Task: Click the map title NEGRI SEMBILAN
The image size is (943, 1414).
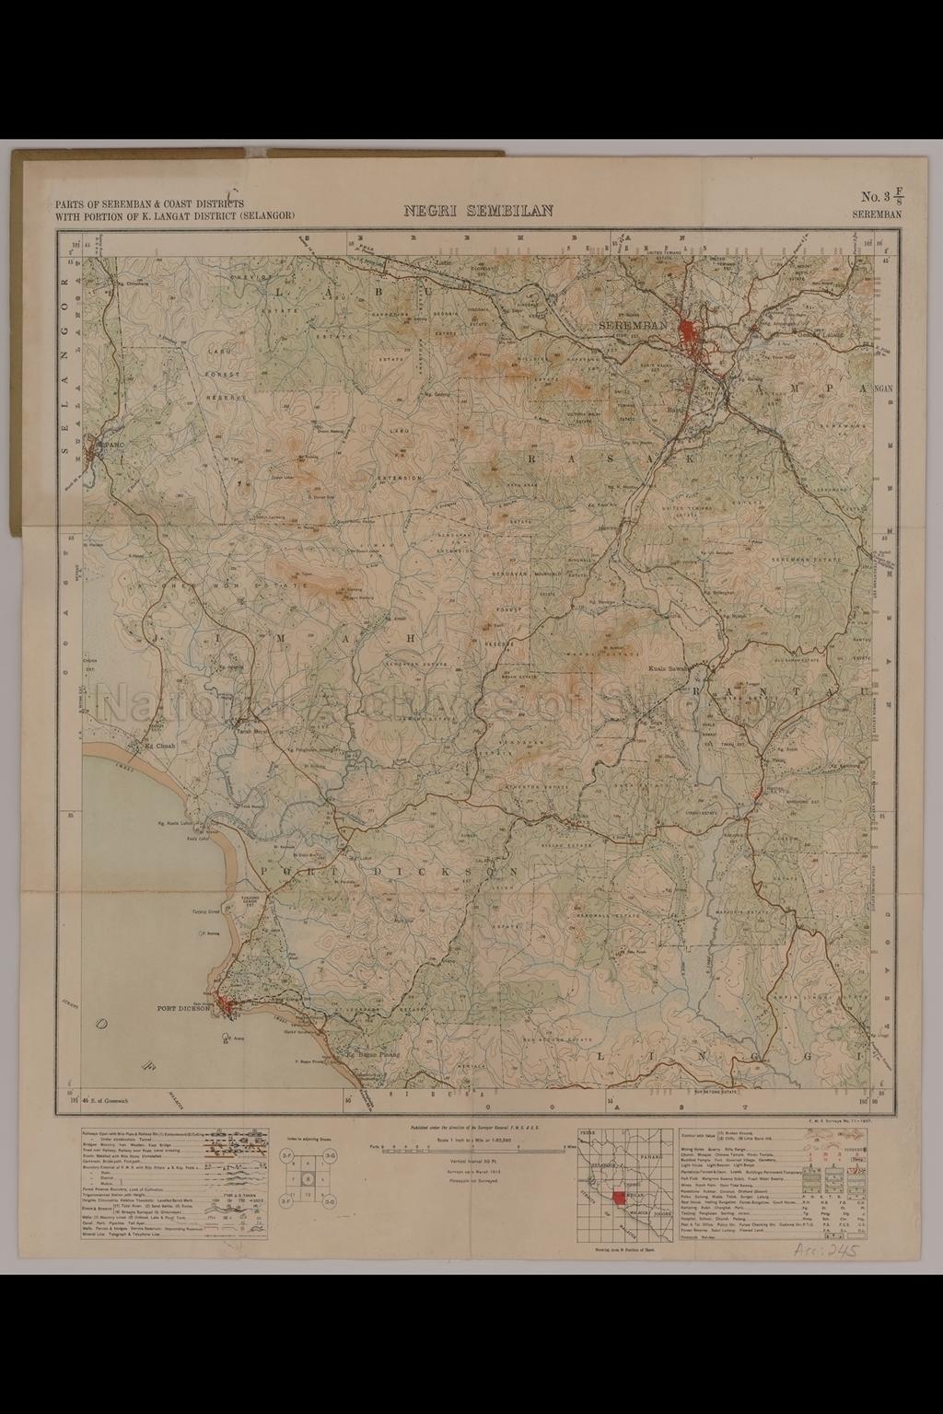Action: pyautogui.click(x=479, y=211)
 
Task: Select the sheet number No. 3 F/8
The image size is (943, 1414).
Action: pyautogui.click(x=881, y=197)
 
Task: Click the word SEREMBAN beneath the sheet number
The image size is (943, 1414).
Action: pyautogui.click(x=877, y=214)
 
